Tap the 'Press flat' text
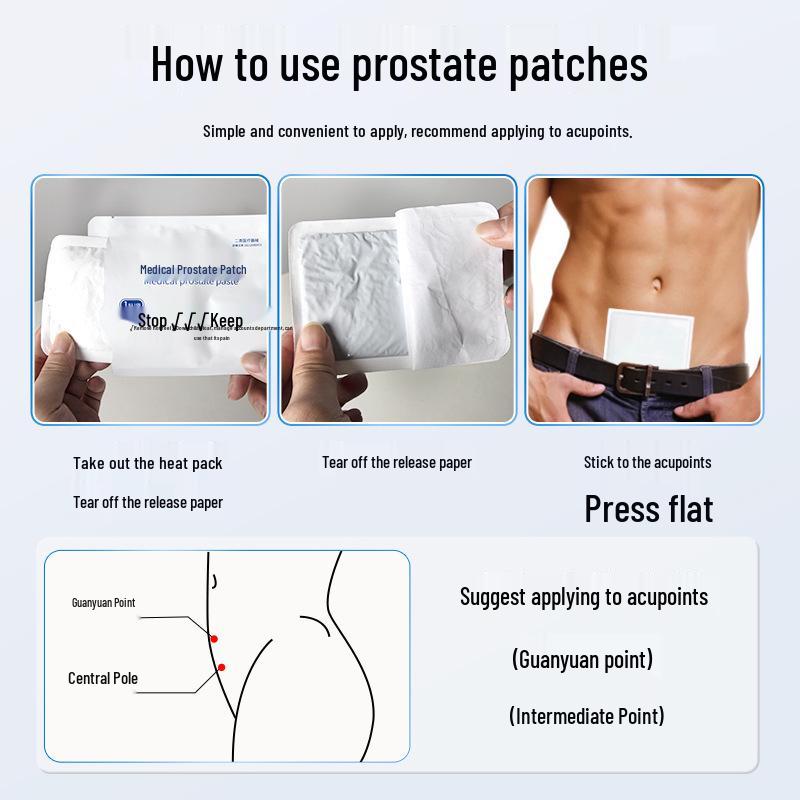click(649, 509)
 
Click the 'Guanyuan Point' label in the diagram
click(103, 603)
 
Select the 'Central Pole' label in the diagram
click(103, 678)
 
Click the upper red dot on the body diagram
click(214, 638)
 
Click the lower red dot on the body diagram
click(221, 667)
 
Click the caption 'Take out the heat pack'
click(148, 463)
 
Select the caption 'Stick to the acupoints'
click(647, 462)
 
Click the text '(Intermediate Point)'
click(586, 716)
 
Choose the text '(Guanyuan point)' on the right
click(582, 660)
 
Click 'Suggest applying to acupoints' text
click(584, 597)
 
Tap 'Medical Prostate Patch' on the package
click(193, 270)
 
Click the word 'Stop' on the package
click(152, 321)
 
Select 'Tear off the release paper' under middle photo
click(396, 462)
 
